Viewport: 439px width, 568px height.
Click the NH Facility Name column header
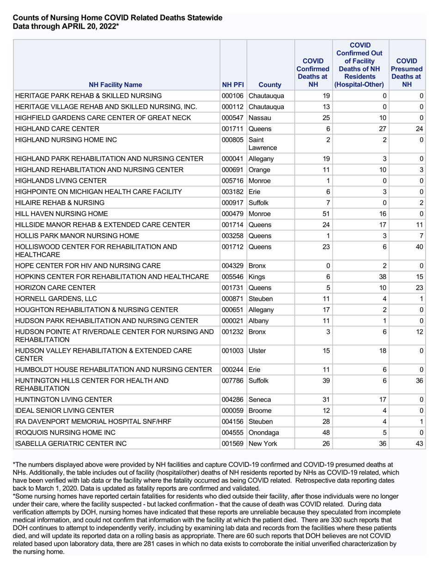click(x=116, y=85)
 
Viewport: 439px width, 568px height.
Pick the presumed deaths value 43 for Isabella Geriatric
click(x=420, y=444)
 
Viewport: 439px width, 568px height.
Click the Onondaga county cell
click(x=264, y=433)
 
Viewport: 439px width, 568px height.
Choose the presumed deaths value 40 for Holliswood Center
click(x=420, y=247)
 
